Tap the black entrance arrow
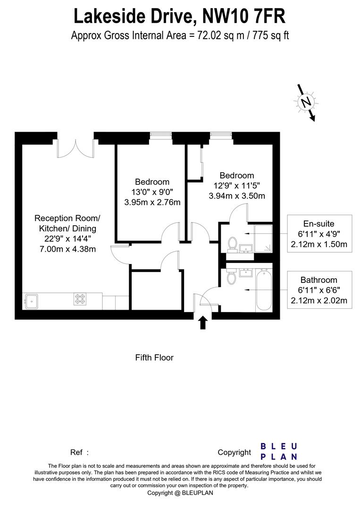(x=203, y=323)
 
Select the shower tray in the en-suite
(x=264, y=238)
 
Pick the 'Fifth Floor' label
(x=154, y=357)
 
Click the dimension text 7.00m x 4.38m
(x=67, y=249)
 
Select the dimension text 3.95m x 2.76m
(x=152, y=203)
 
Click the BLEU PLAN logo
(x=279, y=451)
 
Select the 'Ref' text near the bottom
(x=77, y=452)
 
